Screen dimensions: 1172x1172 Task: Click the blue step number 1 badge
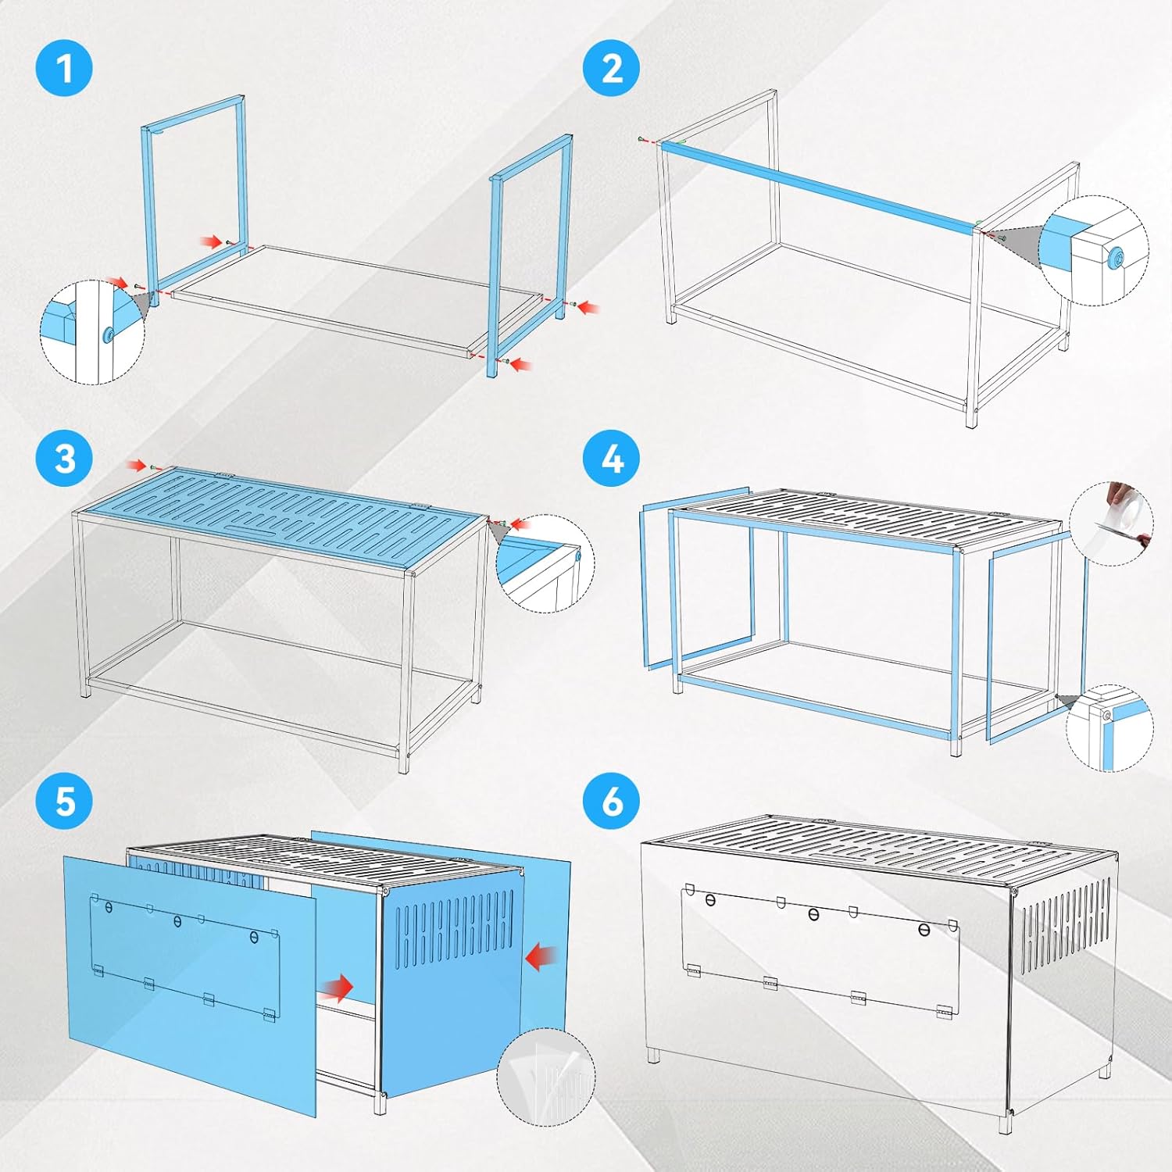tap(65, 68)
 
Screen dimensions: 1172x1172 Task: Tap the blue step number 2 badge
tap(612, 68)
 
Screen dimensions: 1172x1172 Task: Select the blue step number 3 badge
tap(65, 458)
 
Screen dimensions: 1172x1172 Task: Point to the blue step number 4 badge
tap(612, 458)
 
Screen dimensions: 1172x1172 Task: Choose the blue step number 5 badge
tap(65, 802)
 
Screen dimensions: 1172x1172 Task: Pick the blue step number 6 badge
tap(612, 802)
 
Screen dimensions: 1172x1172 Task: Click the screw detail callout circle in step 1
tap(92, 332)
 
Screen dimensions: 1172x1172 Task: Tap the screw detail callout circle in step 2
tap(1095, 250)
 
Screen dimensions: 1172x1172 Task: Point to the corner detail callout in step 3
tap(545, 563)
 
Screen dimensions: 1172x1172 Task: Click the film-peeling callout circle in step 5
tap(546, 1077)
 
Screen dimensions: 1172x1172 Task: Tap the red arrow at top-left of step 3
tap(138, 466)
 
